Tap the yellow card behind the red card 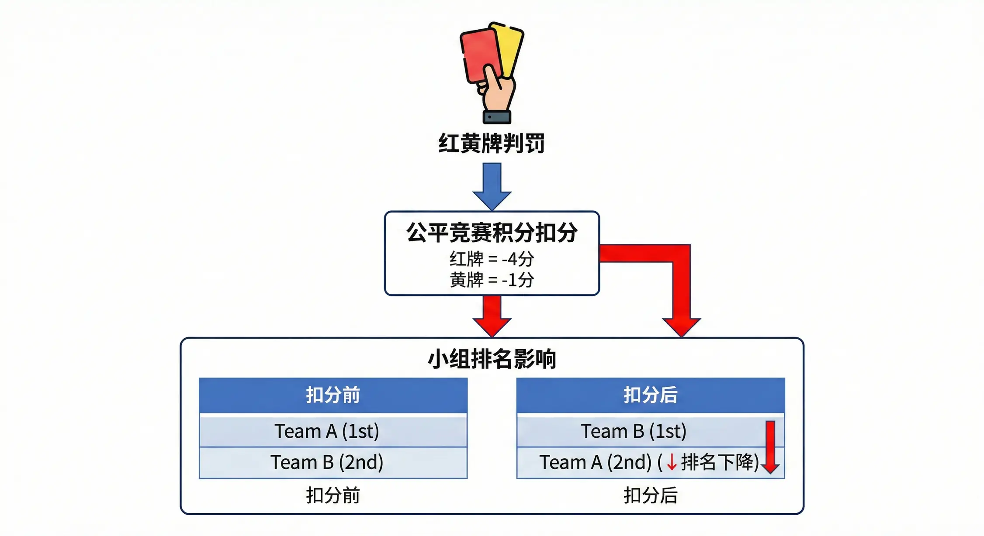click(510, 48)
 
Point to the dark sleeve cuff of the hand click(497, 117)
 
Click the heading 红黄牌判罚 click(492, 143)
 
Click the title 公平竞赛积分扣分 click(492, 232)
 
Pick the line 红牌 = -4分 click(492, 259)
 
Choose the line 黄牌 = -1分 click(492, 280)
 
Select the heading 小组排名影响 click(492, 359)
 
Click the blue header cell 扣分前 click(333, 395)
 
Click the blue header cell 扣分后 click(650, 395)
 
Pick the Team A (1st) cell click(327, 431)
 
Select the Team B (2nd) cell click(327, 462)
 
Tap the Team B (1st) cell click(634, 431)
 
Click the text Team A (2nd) click(595, 462)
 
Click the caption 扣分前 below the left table click(333, 495)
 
